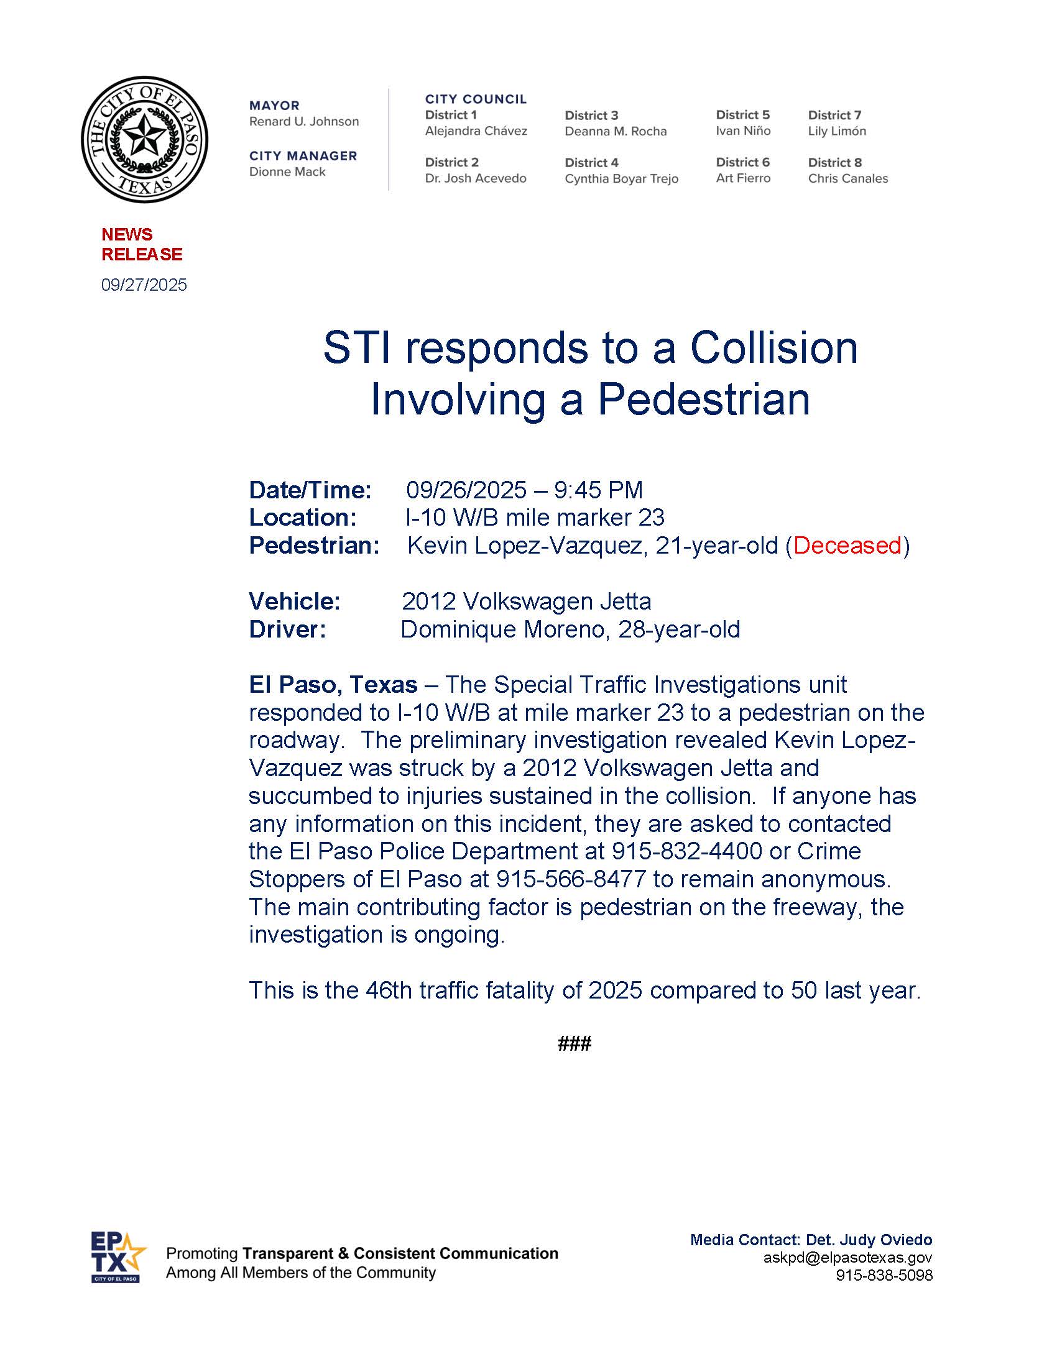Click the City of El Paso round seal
click(x=145, y=140)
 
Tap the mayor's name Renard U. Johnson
click(x=303, y=121)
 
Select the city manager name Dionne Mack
click(x=287, y=172)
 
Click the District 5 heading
click(x=742, y=114)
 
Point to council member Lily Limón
click(x=836, y=131)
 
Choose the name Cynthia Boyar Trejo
click(x=621, y=178)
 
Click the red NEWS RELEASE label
click(x=142, y=244)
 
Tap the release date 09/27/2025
click(x=144, y=285)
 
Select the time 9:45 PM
click(x=598, y=490)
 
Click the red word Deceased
click(x=847, y=545)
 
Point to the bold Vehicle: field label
click(x=294, y=601)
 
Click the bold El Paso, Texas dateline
click(x=333, y=685)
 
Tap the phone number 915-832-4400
click(x=687, y=851)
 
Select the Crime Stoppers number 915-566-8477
click(x=570, y=879)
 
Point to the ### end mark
click(x=575, y=1043)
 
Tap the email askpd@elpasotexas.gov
click(x=847, y=1258)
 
